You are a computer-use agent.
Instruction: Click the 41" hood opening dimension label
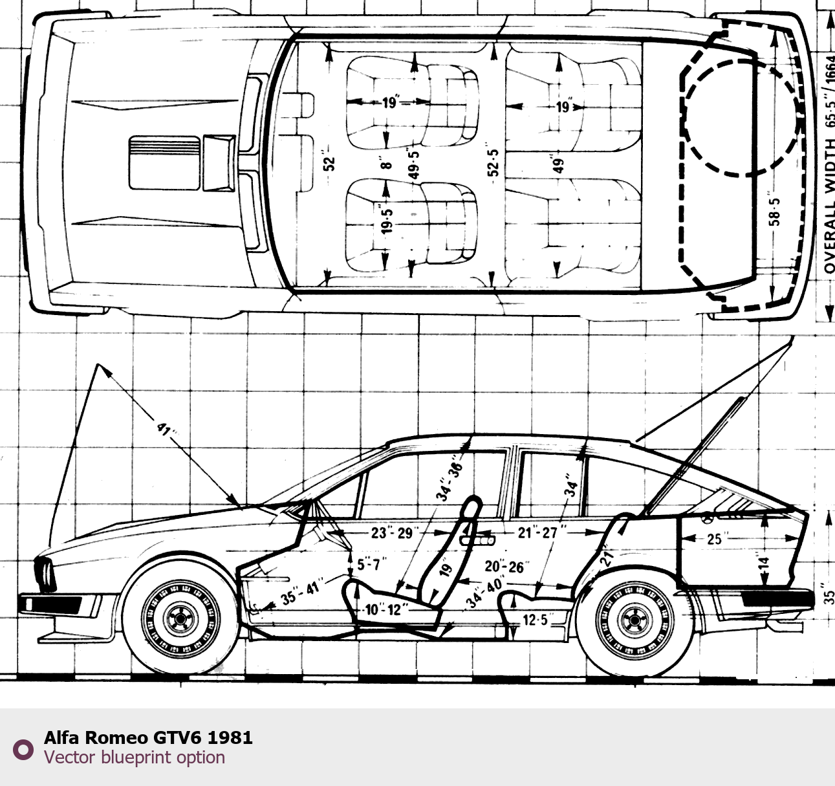[x=166, y=429]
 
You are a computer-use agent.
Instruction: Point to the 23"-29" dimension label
[x=391, y=532]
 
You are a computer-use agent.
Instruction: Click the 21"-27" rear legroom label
[x=537, y=532]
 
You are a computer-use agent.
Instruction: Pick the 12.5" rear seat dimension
[x=535, y=620]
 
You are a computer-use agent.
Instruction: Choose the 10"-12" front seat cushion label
[x=383, y=609]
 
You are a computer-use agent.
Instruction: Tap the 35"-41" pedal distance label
[x=301, y=591]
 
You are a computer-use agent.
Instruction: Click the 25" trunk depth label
[x=713, y=538]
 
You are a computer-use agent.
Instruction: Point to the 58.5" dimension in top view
[x=775, y=211]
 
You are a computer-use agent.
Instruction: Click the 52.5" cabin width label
[x=493, y=162]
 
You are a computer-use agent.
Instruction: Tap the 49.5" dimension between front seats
[x=414, y=162]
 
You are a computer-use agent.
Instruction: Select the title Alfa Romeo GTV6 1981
[x=148, y=737]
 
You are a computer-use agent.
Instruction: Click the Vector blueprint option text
[x=135, y=757]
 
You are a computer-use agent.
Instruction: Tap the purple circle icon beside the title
[x=23, y=749]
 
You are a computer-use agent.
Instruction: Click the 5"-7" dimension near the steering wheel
[x=371, y=564]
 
